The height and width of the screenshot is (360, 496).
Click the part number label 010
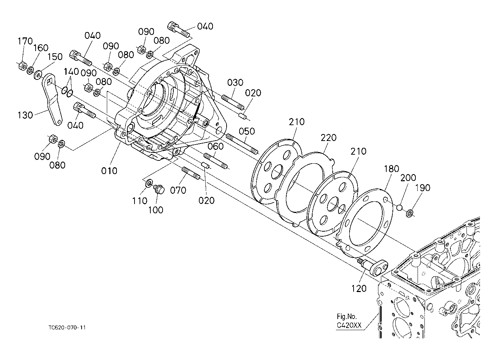pyautogui.click(x=109, y=171)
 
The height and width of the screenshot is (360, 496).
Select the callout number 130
pyautogui.click(x=25, y=115)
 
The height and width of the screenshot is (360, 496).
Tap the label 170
pyautogui.click(x=25, y=41)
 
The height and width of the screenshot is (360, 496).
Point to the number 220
pyautogui.click(x=329, y=138)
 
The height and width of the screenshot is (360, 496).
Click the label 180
pyautogui.click(x=391, y=169)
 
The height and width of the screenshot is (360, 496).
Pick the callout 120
pyautogui.click(x=359, y=288)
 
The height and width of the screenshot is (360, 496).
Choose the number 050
pyautogui.click(x=247, y=131)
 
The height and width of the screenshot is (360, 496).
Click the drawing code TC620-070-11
pyautogui.click(x=67, y=328)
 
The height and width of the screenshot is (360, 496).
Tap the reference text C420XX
pyautogui.click(x=349, y=325)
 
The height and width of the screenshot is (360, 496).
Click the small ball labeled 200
pyautogui.click(x=399, y=208)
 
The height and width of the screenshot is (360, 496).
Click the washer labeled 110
pyautogui.click(x=149, y=182)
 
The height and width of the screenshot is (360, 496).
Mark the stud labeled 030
pyautogui.click(x=233, y=102)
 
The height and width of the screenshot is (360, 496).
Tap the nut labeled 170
pyautogui.click(x=23, y=66)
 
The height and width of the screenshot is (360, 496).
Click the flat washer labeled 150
pyautogui.click(x=38, y=74)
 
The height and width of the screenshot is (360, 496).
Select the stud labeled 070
pyautogui.click(x=191, y=173)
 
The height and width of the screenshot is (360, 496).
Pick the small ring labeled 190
pyautogui.click(x=410, y=214)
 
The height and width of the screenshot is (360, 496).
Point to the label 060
pyautogui.click(x=215, y=146)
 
